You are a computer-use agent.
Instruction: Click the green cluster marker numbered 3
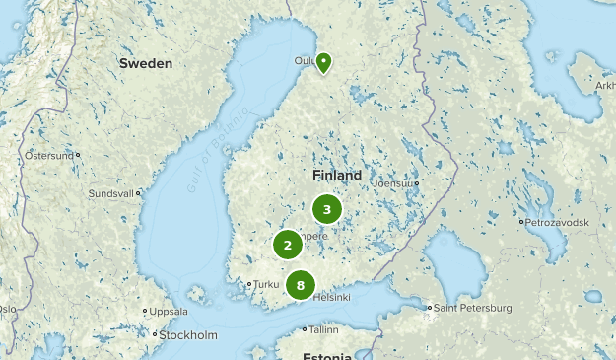pyautogui.click(x=326, y=209)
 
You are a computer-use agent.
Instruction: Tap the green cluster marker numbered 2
pyautogui.click(x=287, y=246)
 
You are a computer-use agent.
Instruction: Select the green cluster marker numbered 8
pyautogui.click(x=300, y=285)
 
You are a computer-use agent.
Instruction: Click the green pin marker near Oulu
pyautogui.click(x=323, y=61)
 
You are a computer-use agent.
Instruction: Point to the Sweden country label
pyautogui.click(x=146, y=63)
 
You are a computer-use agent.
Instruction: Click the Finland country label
pyautogui.click(x=337, y=175)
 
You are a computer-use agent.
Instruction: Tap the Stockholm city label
pyautogui.click(x=187, y=335)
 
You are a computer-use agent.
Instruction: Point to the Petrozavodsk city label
pyautogui.click(x=557, y=222)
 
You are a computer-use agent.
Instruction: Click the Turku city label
pyautogui.click(x=267, y=284)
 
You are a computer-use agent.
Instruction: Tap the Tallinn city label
pyautogui.click(x=323, y=329)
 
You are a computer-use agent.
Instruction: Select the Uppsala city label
pyautogui.click(x=169, y=312)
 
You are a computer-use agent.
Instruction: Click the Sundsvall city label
pyautogui.click(x=109, y=194)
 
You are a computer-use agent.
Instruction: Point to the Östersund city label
pyautogui.click(x=48, y=155)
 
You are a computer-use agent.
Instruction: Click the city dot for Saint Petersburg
pyautogui.click(x=429, y=309)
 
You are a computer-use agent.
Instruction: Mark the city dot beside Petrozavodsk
pyautogui.click(x=522, y=222)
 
